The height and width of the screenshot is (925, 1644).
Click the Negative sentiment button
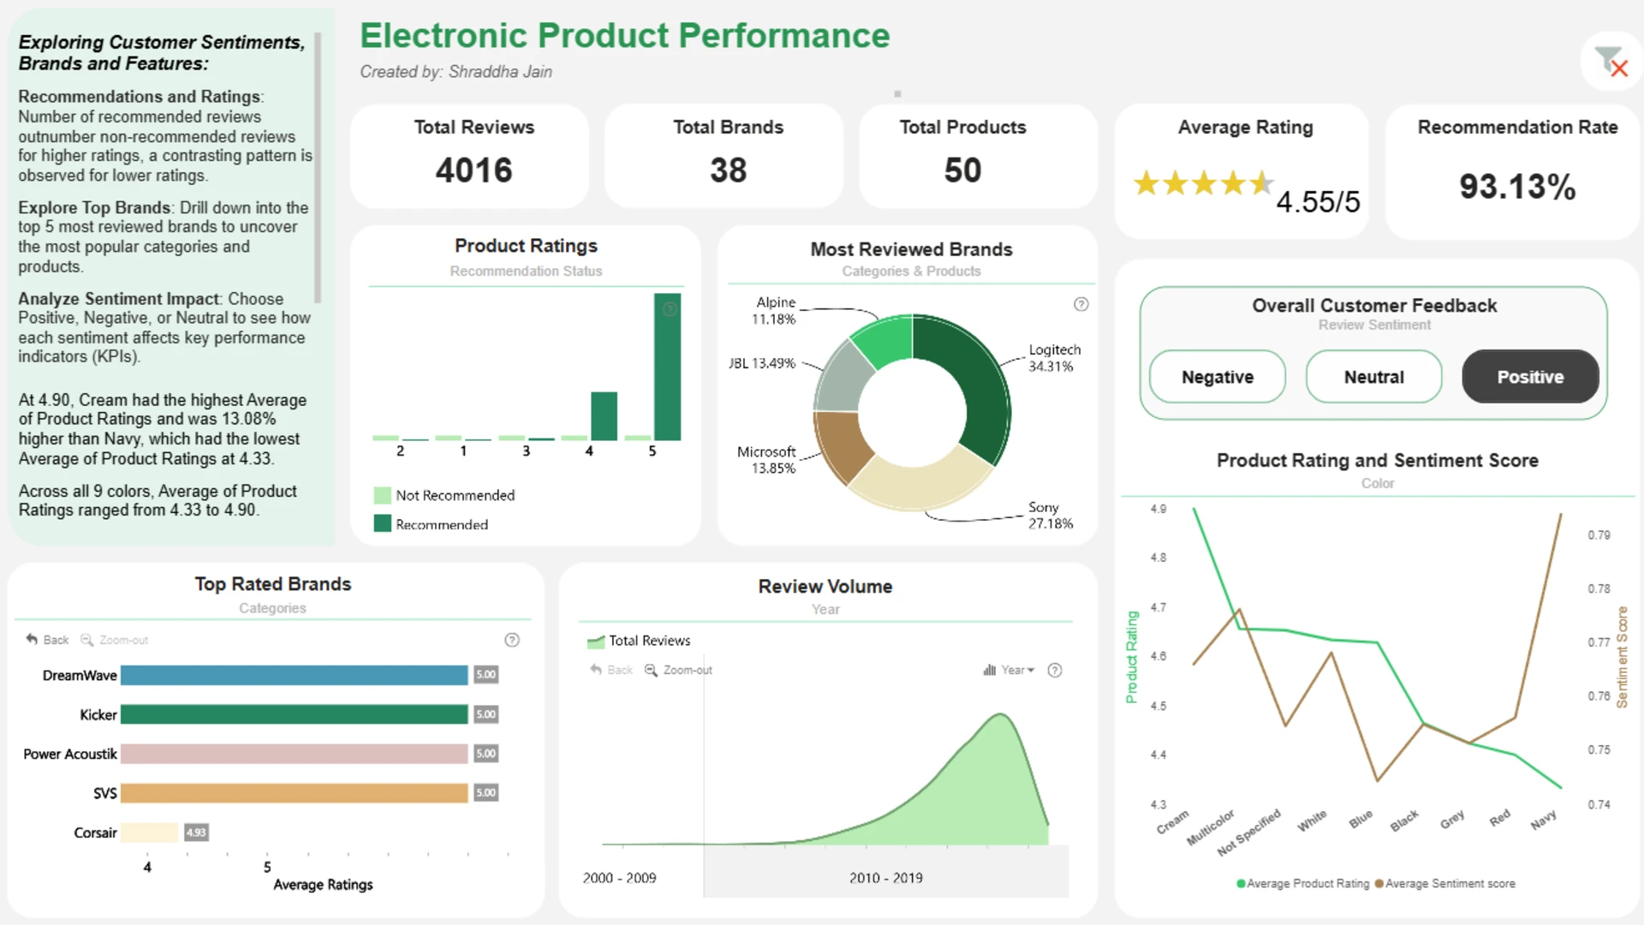[x=1217, y=377]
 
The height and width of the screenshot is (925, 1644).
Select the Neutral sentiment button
[x=1373, y=377]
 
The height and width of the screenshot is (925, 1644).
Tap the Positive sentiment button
[x=1530, y=377]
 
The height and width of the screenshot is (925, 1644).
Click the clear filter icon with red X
[x=1611, y=62]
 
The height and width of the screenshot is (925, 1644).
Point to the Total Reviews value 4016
[x=474, y=170]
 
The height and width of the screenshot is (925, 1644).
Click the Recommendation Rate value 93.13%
[x=1517, y=187]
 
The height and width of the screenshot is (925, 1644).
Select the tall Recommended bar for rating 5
[x=667, y=367]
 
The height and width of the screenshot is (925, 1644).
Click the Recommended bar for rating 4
[x=604, y=416]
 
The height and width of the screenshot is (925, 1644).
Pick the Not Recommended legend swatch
[x=383, y=495]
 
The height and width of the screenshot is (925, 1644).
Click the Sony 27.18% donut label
[x=1050, y=516]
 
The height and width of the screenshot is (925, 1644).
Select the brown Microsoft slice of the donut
[x=842, y=446]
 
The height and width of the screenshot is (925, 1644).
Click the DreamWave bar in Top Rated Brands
[x=295, y=675]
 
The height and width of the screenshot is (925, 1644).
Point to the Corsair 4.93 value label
[x=196, y=832]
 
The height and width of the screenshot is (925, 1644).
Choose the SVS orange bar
[x=295, y=793]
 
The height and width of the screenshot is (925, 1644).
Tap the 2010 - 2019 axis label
[x=886, y=878]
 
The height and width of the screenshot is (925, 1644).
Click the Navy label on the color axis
[x=1543, y=821]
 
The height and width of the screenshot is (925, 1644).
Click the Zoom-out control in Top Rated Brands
[x=115, y=640]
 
